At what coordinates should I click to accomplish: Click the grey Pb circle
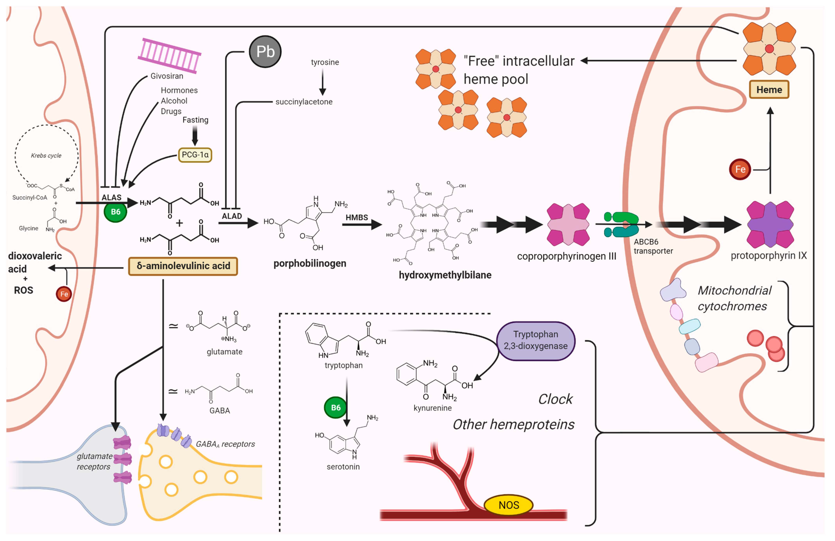pyautogui.click(x=265, y=52)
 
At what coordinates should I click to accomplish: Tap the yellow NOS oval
pyautogui.click(x=508, y=505)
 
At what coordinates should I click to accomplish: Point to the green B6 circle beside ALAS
pyautogui.click(x=115, y=212)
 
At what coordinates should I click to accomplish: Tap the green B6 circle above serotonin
pyautogui.click(x=335, y=407)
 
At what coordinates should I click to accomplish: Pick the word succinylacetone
pyautogui.click(x=304, y=102)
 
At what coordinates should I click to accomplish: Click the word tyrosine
pyautogui.click(x=325, y=62)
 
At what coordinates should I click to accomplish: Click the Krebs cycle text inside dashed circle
pyautogui.click(x=46, y=156)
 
